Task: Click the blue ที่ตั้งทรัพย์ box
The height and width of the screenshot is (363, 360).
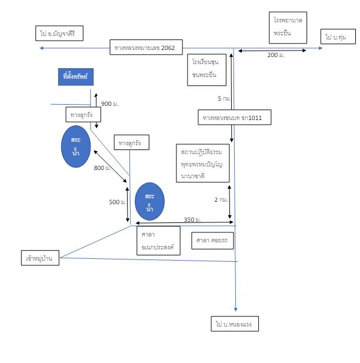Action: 76,77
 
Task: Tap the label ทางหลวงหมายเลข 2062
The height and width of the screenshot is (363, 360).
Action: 146,47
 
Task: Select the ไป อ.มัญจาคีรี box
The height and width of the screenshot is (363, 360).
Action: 59,34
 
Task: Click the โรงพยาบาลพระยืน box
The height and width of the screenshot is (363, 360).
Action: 288,28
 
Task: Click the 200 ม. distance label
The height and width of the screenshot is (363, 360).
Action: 276,55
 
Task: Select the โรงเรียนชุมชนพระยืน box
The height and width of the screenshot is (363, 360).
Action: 206,70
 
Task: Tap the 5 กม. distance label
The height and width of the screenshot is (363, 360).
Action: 224,99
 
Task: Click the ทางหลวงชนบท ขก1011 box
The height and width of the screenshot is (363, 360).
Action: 235,118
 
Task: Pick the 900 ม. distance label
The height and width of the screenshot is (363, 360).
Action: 110,104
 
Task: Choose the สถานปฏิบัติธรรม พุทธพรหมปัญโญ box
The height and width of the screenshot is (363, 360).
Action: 203,163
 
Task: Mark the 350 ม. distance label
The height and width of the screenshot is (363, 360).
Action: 192,219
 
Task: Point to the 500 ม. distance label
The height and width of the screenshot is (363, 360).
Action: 118,202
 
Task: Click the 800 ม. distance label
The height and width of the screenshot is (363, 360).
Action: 102,168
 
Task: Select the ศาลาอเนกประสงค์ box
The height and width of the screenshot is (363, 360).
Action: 158,241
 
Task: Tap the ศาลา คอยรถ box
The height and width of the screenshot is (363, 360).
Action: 212,241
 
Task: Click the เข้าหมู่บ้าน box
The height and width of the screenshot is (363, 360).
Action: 40,258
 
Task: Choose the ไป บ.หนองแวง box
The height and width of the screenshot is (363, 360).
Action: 235,324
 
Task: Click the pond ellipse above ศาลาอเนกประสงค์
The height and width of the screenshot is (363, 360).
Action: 150,202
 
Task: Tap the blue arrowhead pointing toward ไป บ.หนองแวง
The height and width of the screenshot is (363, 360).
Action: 236,309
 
